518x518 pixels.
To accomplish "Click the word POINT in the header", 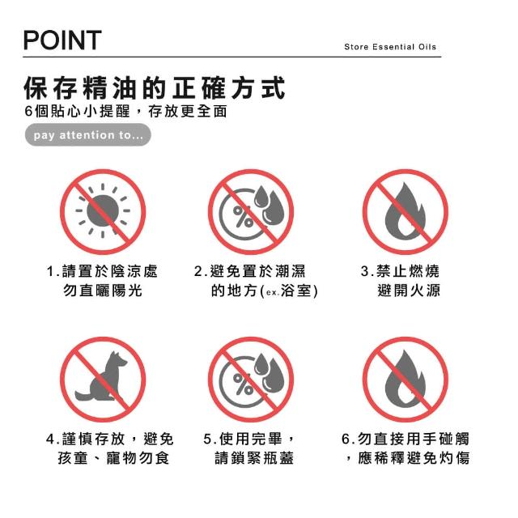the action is coord(62,40).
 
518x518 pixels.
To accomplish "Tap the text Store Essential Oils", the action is coord(390,47).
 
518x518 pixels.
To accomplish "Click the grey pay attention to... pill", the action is coord(88,135).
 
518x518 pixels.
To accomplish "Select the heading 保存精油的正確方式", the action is coord(155,88).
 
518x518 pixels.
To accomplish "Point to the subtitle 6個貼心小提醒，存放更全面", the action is coord(126,112).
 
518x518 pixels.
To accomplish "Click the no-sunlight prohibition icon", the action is coord(103,212).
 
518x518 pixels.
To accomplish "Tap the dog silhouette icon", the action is coord(101,377).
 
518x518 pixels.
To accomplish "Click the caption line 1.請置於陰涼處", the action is coord(102,272).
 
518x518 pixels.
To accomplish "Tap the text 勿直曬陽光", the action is coord(103,291).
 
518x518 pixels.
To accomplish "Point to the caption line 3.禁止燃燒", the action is coord(400,272).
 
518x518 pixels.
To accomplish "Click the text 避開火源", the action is coord(409,291).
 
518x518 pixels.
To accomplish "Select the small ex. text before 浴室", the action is coord(273,293).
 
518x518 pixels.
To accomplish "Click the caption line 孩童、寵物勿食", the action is coord(113,458).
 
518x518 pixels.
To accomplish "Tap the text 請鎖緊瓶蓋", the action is coord(254,458).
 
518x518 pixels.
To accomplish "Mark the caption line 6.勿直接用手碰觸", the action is coord(405,439).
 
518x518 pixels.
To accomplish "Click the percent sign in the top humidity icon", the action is coord(243,216).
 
